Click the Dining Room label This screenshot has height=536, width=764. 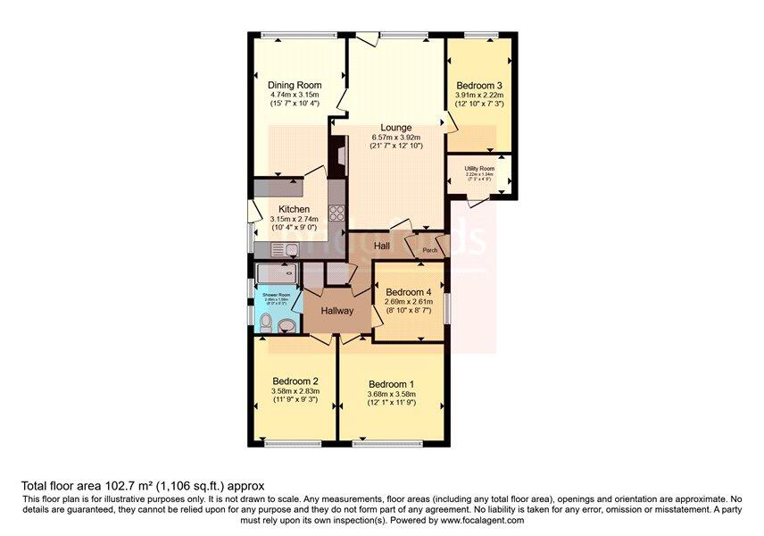coord(295,86)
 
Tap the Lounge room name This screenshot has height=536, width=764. coord(395,128)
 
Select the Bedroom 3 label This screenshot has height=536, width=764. coord(479,86)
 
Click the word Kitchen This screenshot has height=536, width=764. coord(294,210)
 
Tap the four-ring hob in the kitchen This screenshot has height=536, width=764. coord(337,214)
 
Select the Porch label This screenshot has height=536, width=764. coord(430,251)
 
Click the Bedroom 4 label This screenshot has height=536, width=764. coord(408,292)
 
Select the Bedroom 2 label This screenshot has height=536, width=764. coord(295,380)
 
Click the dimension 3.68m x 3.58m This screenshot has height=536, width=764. coord(391,396)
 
